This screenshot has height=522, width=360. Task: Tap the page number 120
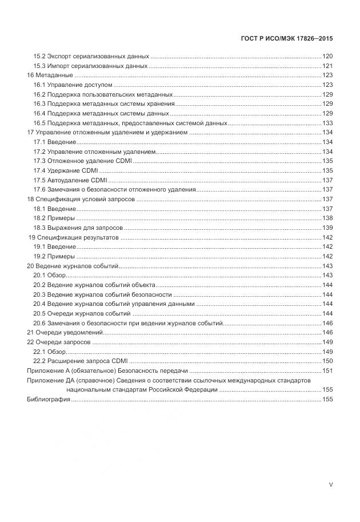coord(327,57)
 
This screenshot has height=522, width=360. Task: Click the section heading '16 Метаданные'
coord(50,75)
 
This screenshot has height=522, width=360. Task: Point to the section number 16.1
coord(39,85)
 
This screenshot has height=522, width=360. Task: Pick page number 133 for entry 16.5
coord(327,123)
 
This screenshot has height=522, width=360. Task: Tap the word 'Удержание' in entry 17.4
coord(62,170)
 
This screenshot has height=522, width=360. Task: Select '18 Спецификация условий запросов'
coord(81,199)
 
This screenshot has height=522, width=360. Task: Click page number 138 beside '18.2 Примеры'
coord(327,218)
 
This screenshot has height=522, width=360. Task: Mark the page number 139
coord(327,228)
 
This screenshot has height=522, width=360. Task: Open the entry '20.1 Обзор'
coord(50,275)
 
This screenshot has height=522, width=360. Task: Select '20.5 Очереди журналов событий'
coord(82,313)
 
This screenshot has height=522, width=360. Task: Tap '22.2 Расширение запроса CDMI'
coord(80,361)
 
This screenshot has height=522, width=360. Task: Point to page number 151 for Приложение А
coord(327,370)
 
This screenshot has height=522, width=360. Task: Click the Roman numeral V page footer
coord(330,484)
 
